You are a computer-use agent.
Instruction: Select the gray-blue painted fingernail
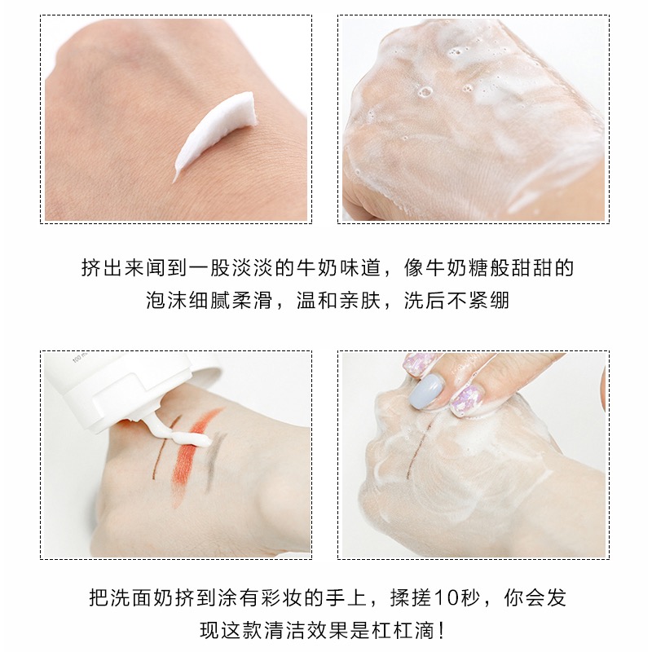pos(425,391)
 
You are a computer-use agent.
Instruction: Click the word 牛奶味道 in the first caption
pos(339,267)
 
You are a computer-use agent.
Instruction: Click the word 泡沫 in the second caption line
pos(167,301)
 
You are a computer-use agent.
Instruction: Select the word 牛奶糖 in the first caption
pos(457,267)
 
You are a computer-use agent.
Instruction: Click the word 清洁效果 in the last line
pos(306,631)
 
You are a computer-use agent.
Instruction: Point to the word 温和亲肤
pos(339,301)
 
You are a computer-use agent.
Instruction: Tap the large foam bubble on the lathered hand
pos(424,92)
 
